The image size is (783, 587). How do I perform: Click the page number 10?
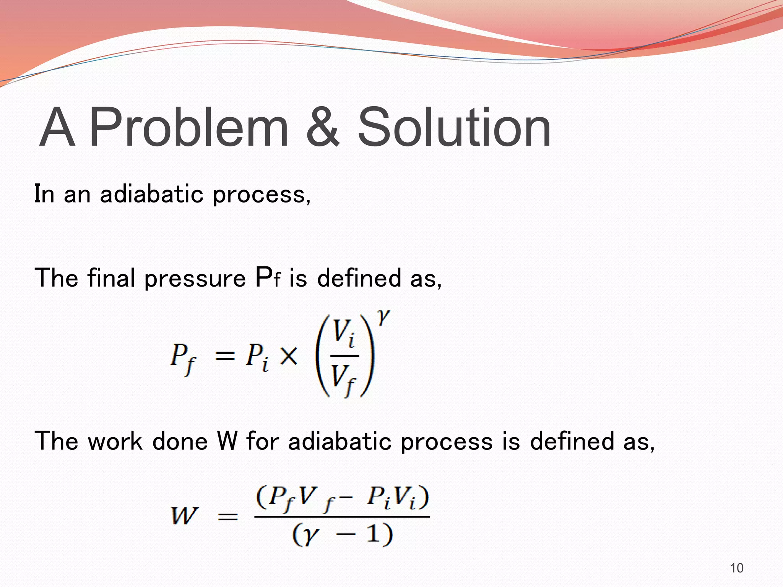736,568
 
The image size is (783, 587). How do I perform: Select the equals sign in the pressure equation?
224,357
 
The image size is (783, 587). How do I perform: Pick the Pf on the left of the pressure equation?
183,358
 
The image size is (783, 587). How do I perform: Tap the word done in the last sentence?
180,441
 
